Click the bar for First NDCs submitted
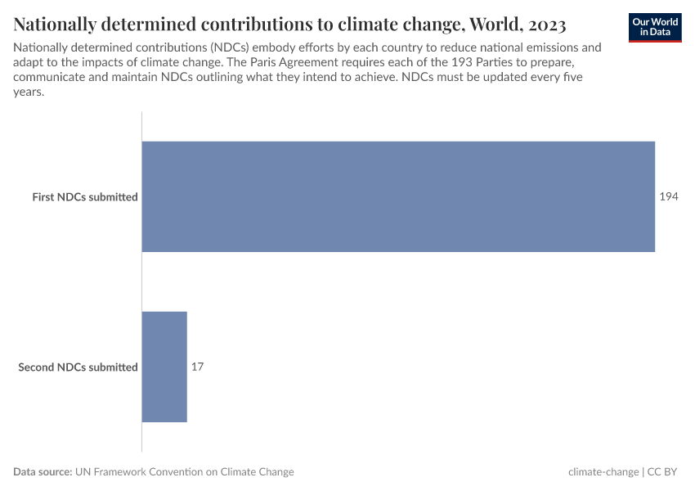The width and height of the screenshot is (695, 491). [398, 196]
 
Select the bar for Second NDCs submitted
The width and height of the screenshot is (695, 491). [164, 367]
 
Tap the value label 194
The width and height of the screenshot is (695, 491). [669, 196]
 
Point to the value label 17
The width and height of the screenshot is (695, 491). [197, 367]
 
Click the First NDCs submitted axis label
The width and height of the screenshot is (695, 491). [84, 197]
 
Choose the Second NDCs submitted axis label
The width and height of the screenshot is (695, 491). [78, 367]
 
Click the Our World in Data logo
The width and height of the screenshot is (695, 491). [655, 27]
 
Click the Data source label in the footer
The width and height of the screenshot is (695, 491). [43, 472]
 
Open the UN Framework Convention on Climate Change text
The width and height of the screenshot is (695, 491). [185, 472]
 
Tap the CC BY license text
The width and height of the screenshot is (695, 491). [663, 472]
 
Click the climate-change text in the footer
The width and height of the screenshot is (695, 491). [603, 472]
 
